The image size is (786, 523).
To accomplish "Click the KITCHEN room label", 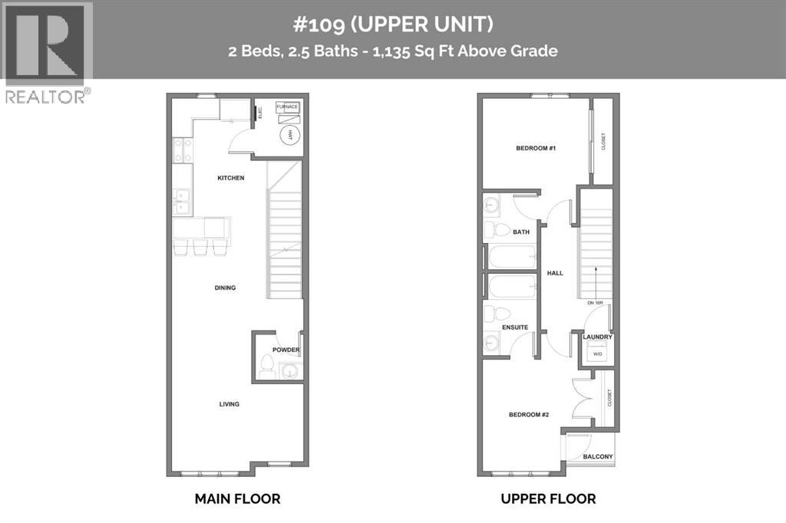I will pos(230,178).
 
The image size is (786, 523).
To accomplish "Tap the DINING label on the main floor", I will pos(225,288).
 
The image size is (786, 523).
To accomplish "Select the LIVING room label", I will pos(229,404).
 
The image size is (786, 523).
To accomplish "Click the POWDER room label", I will pos(286,350).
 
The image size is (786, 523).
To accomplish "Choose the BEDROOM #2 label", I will pos(529,415).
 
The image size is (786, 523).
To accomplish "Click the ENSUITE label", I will pos(515,327).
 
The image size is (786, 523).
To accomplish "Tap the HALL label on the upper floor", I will pos(555,272).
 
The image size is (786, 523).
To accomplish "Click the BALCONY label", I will pos(598,457).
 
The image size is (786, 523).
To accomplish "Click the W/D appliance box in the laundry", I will pos(598,354).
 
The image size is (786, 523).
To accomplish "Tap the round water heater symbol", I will pos(289,136).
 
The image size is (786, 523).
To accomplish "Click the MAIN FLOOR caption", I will pos(237,498).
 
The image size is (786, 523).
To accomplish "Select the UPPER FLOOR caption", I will pos(548,498).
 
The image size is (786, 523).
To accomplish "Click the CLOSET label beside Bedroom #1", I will pos(603,142).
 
